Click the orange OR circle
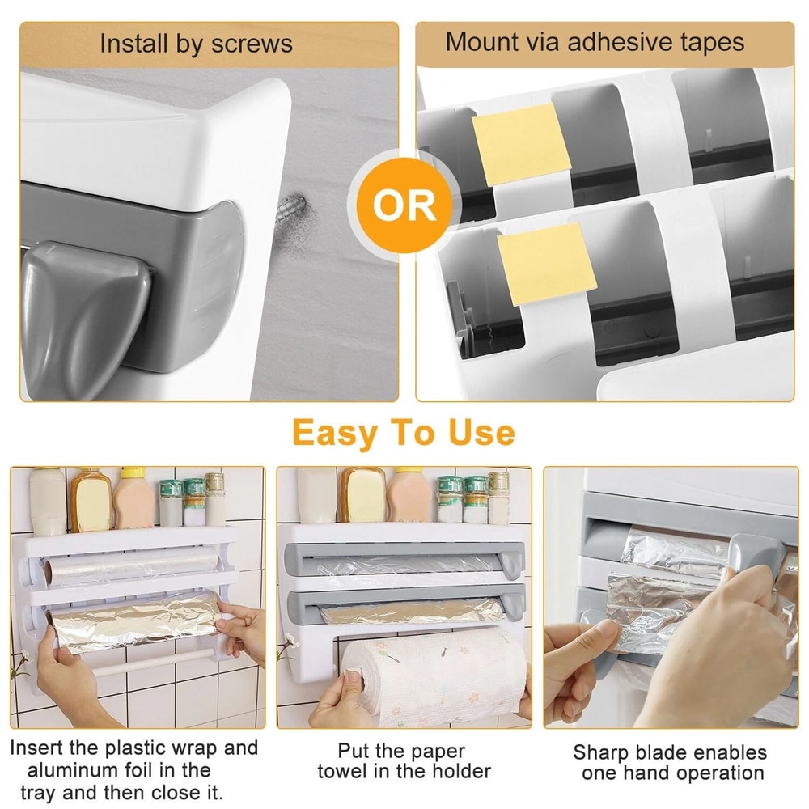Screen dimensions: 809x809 click(404, 206)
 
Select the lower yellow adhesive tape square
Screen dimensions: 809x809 click(547, 264)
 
